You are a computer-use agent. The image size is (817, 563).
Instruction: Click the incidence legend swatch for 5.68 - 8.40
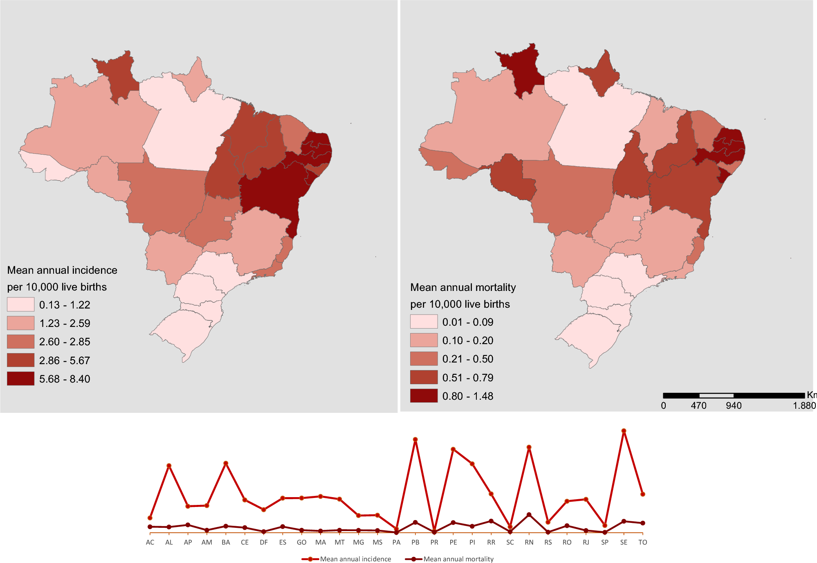pyautogui.click(x=20, y=378)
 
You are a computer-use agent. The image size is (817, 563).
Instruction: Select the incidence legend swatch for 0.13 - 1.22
pyautogui.click(x=20, y=304)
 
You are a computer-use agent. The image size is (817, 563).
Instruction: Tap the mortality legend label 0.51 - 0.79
pyautogui.click(x=468, y=378)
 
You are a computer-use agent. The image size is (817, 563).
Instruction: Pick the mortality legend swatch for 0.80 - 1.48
pyautogui.click(x=424, y=396)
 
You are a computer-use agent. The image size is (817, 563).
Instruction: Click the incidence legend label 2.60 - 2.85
pyautogui.click(x=65, y=342)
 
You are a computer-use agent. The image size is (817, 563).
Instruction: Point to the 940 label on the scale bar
pyautogui.click(x=734, y=405)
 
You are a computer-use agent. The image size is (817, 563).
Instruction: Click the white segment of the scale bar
pyautogui.click(x=716, y=396)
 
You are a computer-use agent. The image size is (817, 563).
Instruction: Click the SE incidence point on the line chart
pyautogui.click(x=624, y=431)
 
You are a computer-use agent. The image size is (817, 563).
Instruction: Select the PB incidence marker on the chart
pyautogui.click(x=415, y=439)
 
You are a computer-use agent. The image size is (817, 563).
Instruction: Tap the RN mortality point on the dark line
pyautogui.click(x=529, y=515)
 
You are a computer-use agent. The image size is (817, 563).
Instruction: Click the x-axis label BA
pyautogui.click(x=226, y=543)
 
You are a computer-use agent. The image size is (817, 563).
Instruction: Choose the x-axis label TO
pyautogui.click(x=642, y=543)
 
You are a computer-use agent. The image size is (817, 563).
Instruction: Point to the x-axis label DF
pyautogui.click(x=264, y=543)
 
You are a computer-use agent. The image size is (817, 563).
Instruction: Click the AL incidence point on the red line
pyautogui.click(x=169, y=466)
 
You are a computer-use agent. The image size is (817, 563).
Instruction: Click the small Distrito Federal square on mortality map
pyautogui.click(x=636, y=218)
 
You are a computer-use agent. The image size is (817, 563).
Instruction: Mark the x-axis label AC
pyautogui.click(x=150, y=543)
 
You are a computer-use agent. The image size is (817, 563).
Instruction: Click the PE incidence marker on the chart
pyautogui.click(x=453, y=449)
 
